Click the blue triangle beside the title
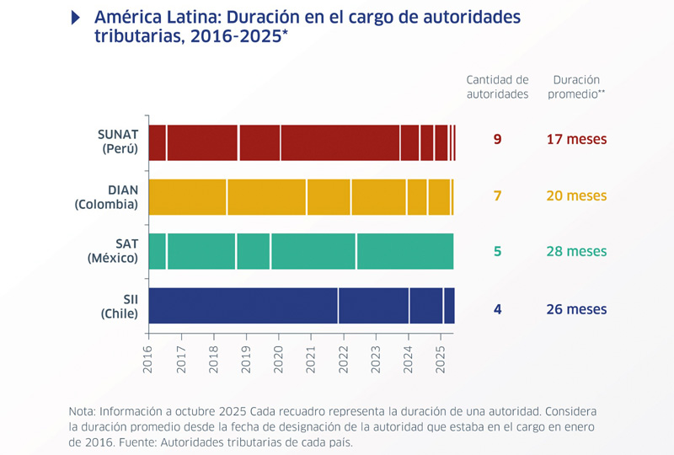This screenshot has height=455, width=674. coord(78,18)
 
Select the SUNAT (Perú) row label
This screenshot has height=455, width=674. coord(117,142)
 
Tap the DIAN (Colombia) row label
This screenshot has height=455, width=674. coord(106,196)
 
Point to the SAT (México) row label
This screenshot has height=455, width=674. coord(112,251)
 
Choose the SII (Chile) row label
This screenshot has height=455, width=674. coord(118,305)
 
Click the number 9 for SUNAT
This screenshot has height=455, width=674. coord(497,140)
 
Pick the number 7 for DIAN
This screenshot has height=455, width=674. coord(497,195)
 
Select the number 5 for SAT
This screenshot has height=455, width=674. coord(497,251)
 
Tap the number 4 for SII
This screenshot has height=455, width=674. coord(497,309)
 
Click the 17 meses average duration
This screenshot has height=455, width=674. coord(576,140)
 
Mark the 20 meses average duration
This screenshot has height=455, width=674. coord(576,195)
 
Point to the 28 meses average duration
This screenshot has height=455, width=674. coord(576,251)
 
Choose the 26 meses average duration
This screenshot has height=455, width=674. coord(576,309)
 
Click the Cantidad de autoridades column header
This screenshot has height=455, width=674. coord(497,86)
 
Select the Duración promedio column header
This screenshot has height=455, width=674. coord(576,86)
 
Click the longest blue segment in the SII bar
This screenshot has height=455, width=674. coord(243,305)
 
